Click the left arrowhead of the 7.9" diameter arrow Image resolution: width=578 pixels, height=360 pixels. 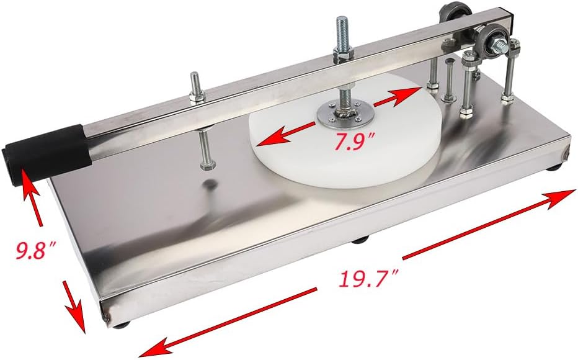(264, 139)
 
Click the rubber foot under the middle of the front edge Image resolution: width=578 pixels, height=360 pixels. (359, 238)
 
